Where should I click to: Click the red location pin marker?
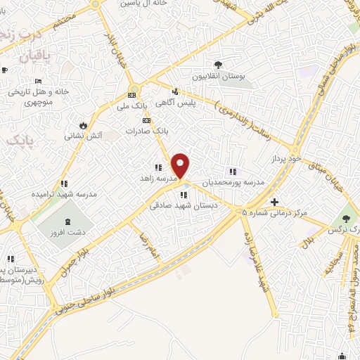(181, 165)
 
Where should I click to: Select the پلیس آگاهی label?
(195, 102)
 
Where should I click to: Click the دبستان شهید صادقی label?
(184, 206)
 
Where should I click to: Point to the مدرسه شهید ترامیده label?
(63, 195)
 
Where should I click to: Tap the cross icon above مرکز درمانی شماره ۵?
(275, 202)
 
